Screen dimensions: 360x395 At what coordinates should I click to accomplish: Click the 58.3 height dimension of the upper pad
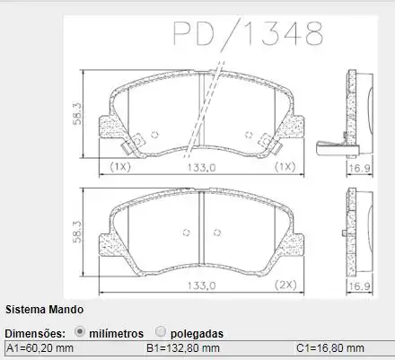point(78,115)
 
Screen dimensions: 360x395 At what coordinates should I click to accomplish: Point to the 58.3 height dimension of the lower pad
point(78,232)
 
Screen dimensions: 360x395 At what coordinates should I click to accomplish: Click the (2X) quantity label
point(286,285)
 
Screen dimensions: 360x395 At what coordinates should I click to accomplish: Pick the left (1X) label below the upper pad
point(119,167)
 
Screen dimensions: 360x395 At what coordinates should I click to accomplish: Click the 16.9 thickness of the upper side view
point(359,167)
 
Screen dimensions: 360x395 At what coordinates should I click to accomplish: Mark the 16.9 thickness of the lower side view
point(359,285)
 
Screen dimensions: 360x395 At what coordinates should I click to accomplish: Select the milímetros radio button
point(81,331)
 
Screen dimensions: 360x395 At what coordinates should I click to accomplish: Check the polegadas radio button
point(161,331)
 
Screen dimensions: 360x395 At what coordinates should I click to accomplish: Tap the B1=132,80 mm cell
point(183,348)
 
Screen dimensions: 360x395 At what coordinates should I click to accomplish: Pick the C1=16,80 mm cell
point(330,348)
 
